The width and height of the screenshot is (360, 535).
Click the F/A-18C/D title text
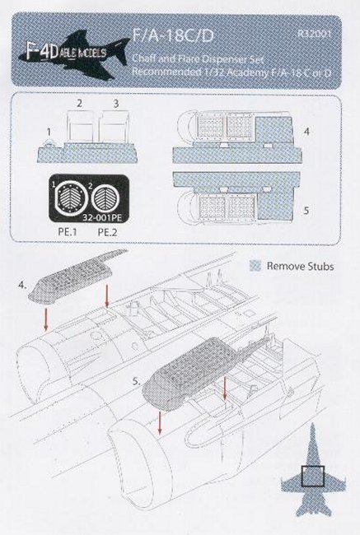coord(173,35)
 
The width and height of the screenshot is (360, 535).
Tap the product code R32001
coord(314,34)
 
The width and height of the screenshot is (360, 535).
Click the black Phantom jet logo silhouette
coord(74,53)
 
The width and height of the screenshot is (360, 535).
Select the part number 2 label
coord(80,103)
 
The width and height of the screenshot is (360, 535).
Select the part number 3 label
coord(116,104)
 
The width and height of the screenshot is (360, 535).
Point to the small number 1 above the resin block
coord(49,132)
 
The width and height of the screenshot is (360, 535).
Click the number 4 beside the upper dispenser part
coord(306,131)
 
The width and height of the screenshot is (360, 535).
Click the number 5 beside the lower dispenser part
coord(306,210)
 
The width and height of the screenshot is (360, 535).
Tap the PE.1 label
coord(68,232)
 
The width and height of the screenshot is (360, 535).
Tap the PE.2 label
coord(107,232)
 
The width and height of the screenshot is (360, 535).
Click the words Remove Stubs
coord(300,266)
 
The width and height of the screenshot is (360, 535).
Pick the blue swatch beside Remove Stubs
coord(255,266)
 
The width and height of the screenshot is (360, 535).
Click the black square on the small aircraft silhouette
coord(312,475)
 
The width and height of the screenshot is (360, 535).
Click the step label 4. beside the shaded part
coord(22,286)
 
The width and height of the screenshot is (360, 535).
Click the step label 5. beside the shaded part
coord(137,382)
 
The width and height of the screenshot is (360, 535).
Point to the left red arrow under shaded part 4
coord(45,319)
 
